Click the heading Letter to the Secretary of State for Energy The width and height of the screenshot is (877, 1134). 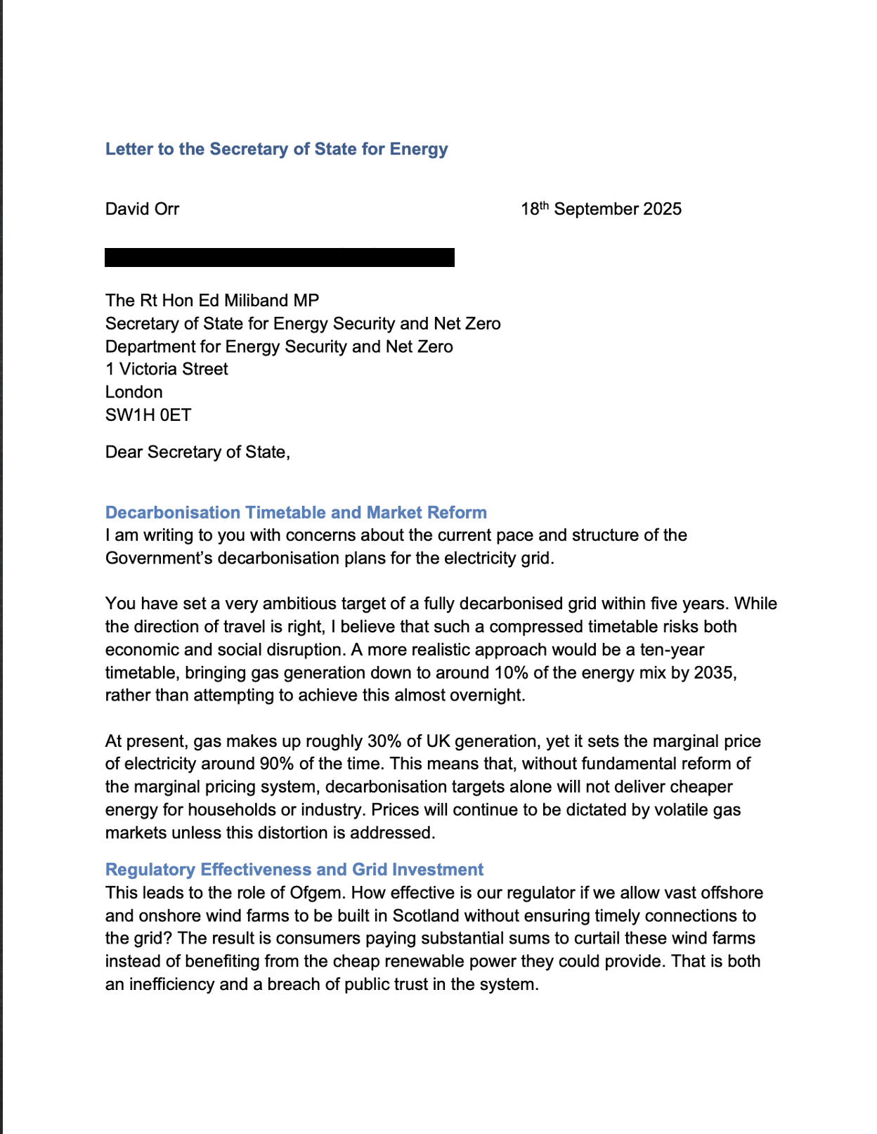point(276,149)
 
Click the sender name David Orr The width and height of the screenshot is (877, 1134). point(142,209)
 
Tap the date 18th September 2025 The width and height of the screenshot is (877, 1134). point(601,209)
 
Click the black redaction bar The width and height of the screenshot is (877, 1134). point(279,257)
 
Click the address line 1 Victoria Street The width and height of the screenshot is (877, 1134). point(167,369)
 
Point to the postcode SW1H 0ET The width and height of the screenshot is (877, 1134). point(148,415)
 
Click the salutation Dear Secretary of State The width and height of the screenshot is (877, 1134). point(197,452)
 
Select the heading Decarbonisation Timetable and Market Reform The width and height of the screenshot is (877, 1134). point(296,512)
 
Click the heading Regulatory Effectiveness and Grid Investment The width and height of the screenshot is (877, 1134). point(294,869)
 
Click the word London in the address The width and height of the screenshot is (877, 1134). point(134,392)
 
